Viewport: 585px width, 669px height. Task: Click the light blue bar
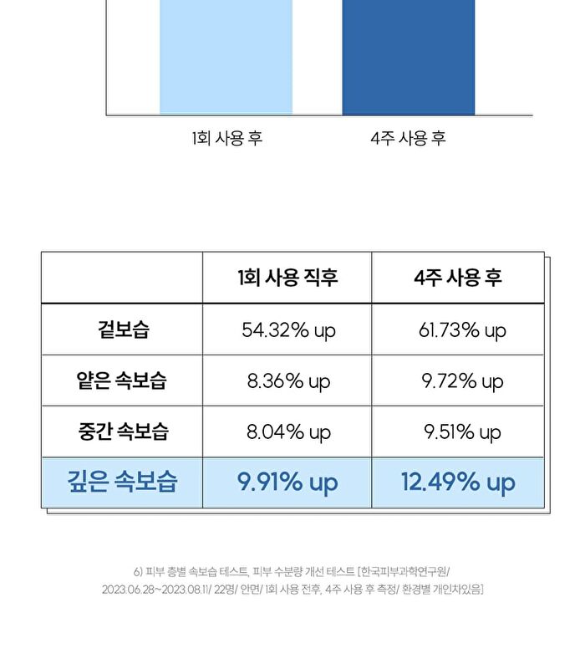pos(226,57)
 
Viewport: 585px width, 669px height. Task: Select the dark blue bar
pos(409,57)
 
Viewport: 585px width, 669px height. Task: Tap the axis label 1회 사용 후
pos(226,138)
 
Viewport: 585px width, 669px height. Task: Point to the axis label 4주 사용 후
pos(409,138)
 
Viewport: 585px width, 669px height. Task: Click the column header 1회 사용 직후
pos(287,278)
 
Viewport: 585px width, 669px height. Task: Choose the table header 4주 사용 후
pos(458,278)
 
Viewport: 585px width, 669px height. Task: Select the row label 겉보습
pos(123,329)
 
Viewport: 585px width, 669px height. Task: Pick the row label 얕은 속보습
pos(121,380)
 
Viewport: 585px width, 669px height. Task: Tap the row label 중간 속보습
pos(123,431)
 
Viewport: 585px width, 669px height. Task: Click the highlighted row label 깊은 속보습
pos(122,482)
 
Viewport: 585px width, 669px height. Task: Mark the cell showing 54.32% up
pos(288,330)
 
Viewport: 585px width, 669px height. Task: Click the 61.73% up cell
pos(462,330)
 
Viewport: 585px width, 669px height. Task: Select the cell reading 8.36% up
pos(288,381)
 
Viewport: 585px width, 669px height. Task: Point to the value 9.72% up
pos(462,381)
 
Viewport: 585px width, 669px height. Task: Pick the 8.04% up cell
pos(288,432)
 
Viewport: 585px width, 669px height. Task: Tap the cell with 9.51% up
pos(462,432)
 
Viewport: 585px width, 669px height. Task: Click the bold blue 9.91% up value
pos(287,483)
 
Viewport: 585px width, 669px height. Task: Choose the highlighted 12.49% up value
pos(458,483)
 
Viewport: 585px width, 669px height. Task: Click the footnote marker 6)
pos(138,571)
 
